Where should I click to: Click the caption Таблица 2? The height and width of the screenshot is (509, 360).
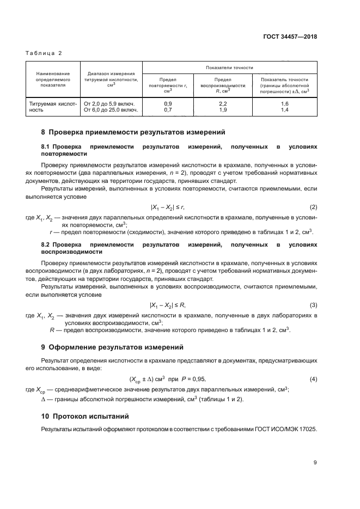click(x=44, y=53)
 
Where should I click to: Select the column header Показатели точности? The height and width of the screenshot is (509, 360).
click(x=229, y=68)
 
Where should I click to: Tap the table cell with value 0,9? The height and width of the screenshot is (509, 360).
click(x=168, y=103)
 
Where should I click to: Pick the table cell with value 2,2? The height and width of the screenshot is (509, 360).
click(x=222, y=103)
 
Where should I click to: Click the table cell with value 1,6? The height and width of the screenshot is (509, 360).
click(x=284, y=103)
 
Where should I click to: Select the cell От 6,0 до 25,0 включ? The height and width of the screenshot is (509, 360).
click(x=109, y=110)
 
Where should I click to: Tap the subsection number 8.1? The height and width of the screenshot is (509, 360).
click(x=46, y=147)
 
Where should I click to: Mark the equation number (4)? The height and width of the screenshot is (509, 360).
click(x=313, y=379)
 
